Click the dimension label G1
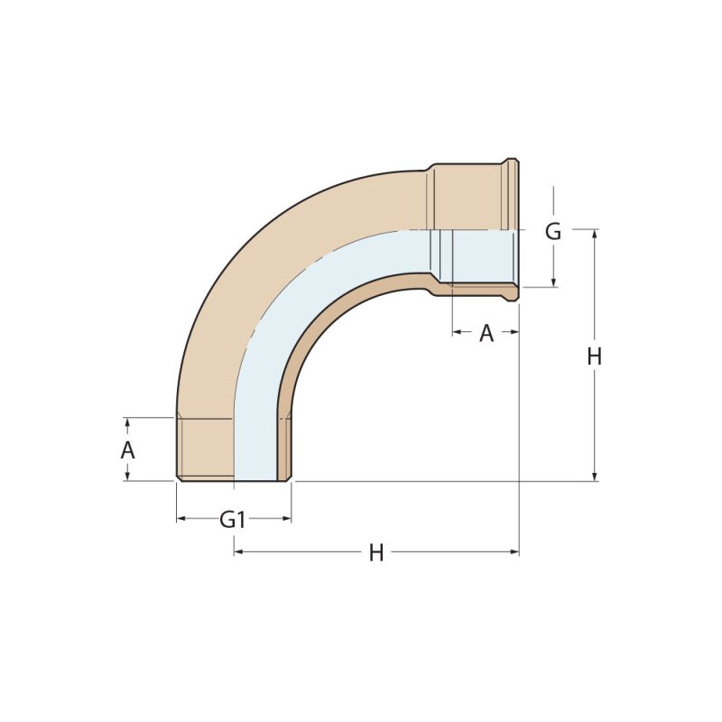(x=232, y=520)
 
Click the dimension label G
(x=553, y=232)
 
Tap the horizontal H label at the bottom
(x=376, y=553)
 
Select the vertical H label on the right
(x=595, y=356)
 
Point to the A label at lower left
(x=127, y=449)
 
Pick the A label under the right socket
(x=486, y=333)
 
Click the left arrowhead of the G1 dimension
(x=181, y=519)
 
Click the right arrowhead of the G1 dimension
(x=287, y=519)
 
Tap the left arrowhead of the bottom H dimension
(x=238, y=551)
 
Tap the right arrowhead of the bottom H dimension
(x=514, y=551)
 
